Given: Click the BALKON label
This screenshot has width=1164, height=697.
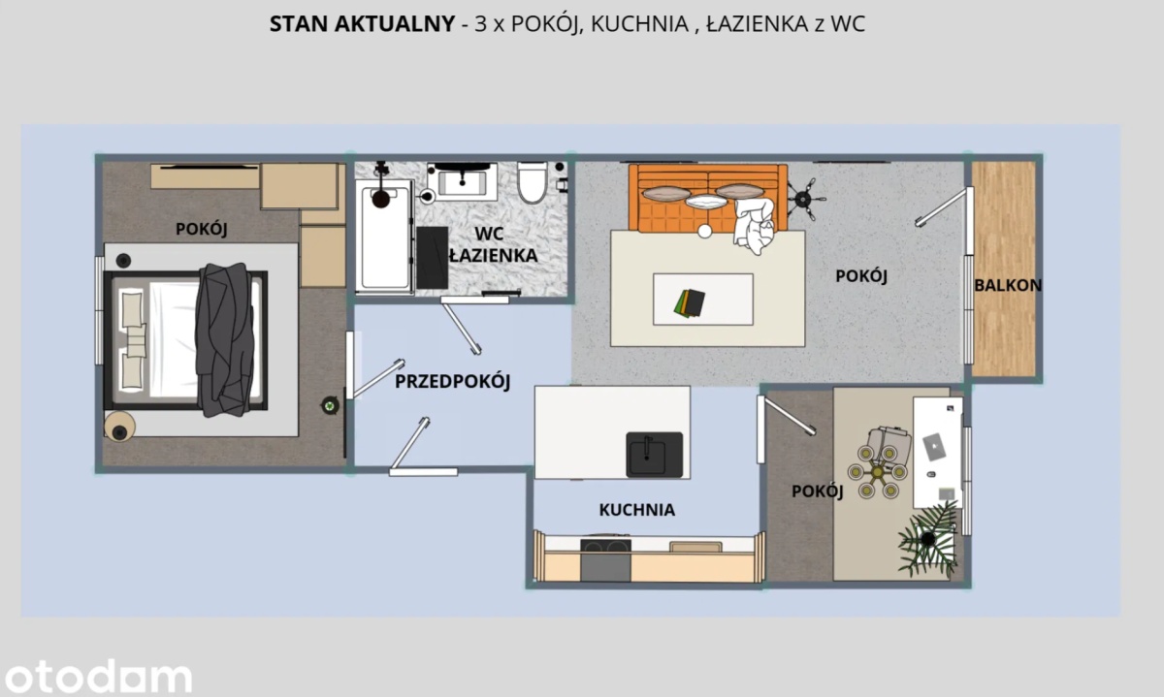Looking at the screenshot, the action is (1008, 285).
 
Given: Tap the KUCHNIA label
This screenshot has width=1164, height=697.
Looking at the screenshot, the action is (637, 510).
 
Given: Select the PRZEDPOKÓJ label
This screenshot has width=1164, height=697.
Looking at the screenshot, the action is (452, 382).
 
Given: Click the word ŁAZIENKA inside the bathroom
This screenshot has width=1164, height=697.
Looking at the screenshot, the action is (493, 256).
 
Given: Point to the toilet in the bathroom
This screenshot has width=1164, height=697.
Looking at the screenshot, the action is (533, 182).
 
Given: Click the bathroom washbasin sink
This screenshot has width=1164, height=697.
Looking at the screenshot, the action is (462, 181).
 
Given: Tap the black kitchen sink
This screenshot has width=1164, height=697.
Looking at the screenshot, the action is (654, 455).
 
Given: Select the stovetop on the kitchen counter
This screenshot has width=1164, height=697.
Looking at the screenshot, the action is (605, 546).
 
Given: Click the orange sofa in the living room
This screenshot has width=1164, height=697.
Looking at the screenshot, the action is (708, 198).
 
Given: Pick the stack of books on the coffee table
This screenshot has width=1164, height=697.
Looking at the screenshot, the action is (690, 303).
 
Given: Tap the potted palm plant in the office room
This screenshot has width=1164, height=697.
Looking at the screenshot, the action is (928, 539).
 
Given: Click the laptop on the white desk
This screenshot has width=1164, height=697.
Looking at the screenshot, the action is (934, 447).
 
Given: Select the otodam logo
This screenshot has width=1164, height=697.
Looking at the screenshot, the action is (98, 676).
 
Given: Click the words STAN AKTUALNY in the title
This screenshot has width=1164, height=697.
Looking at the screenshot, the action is (362, 24).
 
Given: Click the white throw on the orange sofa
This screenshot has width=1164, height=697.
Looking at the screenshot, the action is (754, 225).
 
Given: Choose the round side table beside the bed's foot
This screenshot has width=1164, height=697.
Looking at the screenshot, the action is (119, 427).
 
